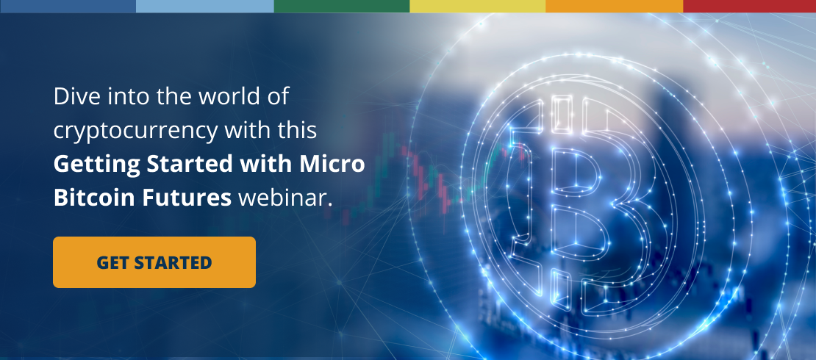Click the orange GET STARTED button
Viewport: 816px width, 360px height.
154,262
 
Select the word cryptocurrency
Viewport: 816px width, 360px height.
135,131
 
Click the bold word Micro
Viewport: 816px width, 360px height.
332,164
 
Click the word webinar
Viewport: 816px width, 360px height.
285,198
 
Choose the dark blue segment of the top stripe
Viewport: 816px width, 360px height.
68,6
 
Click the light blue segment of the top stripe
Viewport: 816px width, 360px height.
205,6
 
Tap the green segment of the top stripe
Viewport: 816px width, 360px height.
342,6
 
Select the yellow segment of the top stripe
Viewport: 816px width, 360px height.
478,6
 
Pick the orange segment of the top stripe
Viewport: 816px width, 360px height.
615,6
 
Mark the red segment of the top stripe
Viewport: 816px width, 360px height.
749,6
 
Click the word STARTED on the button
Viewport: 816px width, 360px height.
173,263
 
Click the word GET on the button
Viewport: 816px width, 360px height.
112,263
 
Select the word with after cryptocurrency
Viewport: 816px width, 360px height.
248,131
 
